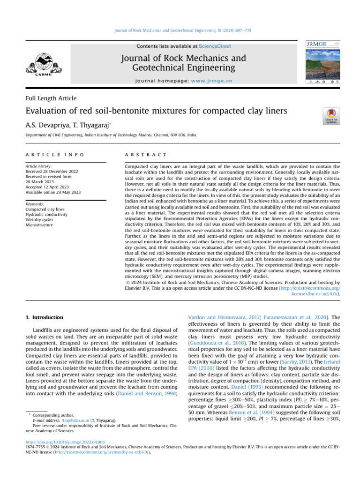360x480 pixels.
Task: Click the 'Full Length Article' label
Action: pos(51,98)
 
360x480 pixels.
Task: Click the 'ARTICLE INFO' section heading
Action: pos(55,154)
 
